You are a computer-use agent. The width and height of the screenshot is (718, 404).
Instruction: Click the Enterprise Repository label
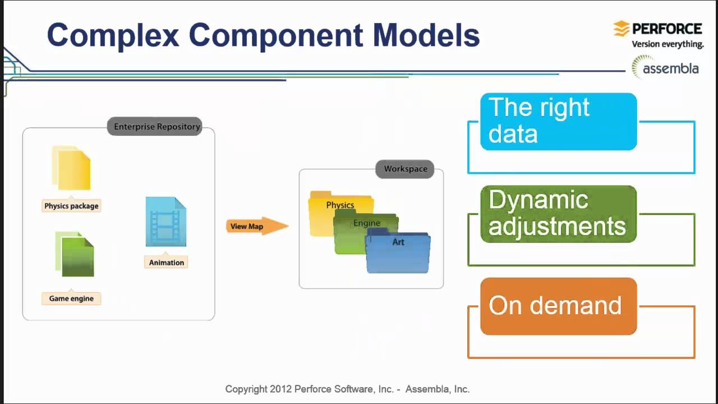[x=157, y=126]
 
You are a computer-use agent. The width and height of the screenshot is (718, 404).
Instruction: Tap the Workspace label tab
[x=405, y=168]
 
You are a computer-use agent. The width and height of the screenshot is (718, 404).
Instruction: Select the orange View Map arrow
[x=256, y=226]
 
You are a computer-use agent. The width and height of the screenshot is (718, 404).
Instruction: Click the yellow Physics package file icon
[x=72, y=168]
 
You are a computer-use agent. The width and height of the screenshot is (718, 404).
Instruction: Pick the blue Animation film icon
[x=165, y=222]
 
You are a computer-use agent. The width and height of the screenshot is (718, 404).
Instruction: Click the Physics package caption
[x=71, y=206]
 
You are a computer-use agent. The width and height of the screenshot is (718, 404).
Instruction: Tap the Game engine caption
[x=71, y=299]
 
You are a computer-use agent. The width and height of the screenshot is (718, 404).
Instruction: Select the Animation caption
[x=166, y=263]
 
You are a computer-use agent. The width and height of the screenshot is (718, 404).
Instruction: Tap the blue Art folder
[x=398, y=255]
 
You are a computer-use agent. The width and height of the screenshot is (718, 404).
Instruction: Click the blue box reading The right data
[x=558, y=121]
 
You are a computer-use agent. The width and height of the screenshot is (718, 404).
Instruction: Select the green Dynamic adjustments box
[x=558, y=214]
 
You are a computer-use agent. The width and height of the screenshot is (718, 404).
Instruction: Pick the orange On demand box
[x=558, y=306]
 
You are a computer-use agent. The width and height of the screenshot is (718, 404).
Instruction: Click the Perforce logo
[x=657, y=29]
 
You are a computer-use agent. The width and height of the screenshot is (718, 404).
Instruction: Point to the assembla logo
[x=665, y=68]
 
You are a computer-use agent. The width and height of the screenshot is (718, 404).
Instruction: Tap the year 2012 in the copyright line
[x=280, y=389]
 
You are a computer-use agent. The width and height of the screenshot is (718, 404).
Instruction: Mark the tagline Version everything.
[x=668, y=44]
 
